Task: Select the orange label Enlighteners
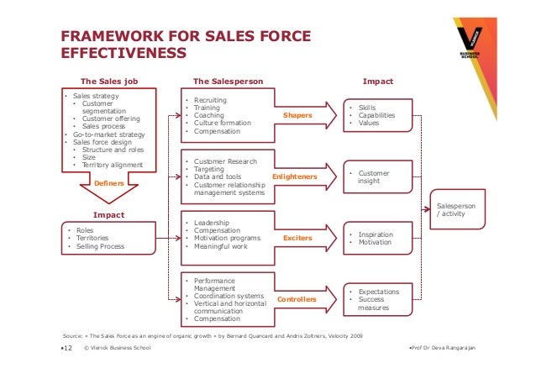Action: click(x=294, y=176)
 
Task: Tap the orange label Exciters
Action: click(x=297, y=238)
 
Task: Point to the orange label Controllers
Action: click(x=297, y=299)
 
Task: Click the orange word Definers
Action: click(x=109, y=182)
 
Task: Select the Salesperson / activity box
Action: click(x=457, y=209)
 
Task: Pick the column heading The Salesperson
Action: click(x=228, y=82)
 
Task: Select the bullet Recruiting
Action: click(x=211, y=101)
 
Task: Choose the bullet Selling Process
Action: click(x=100, y=246)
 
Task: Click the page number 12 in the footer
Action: click(x=67, y=348)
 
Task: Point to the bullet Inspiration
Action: click(x=376, y=234)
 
